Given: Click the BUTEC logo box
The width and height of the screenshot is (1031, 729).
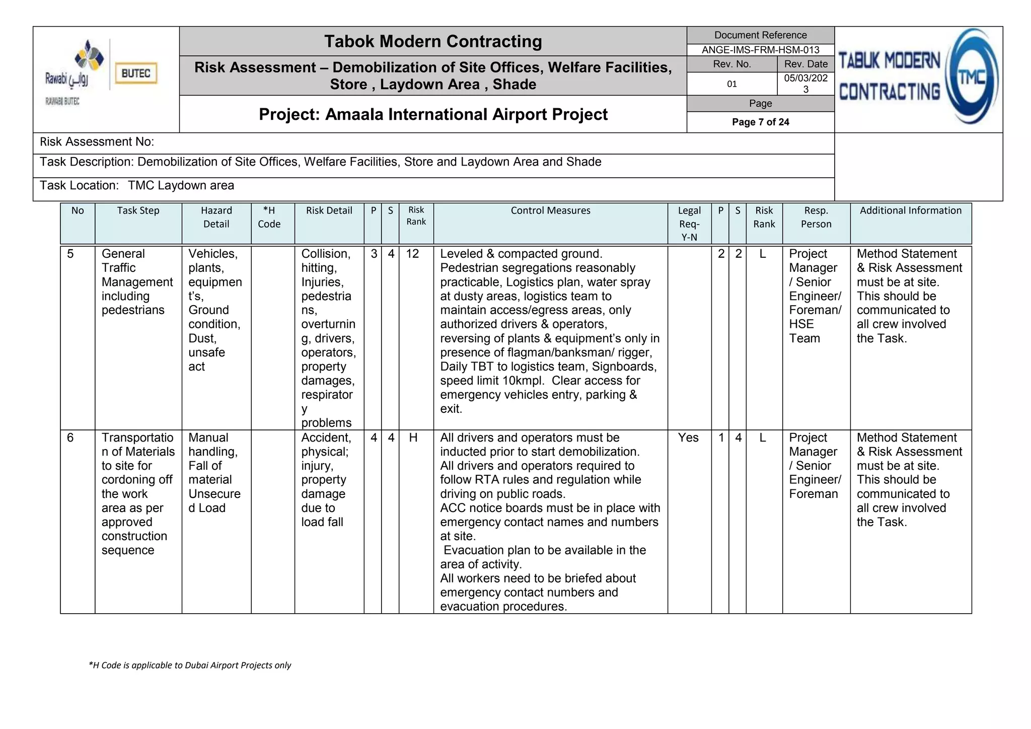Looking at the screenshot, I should click(x=135, y=74).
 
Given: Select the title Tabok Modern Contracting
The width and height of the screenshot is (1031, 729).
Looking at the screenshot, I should click(x=433, y=41).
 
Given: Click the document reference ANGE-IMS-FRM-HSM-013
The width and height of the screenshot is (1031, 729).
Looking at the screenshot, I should click(x=760, y=50).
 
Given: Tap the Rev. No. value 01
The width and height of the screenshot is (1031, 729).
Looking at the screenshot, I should click(x=731, y=84).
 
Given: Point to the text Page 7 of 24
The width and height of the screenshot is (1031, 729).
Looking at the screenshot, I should click(x=760, y=122).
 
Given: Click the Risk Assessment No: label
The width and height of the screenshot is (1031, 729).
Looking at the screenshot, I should click(x=97, y=142).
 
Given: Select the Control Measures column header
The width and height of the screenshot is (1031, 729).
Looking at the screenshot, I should click(x=550, y=211).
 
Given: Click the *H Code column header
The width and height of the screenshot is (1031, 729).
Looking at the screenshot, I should click(x=269, y=217).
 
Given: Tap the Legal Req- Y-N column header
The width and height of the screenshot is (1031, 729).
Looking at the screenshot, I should click(x=689, y=224).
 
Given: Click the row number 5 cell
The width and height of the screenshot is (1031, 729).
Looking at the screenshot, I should click(x=70, y=254).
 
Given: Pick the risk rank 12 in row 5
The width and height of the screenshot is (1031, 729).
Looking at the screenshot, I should click(x=412, y=254).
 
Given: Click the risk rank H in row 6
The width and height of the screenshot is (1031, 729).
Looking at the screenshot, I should click(x=413, y=438).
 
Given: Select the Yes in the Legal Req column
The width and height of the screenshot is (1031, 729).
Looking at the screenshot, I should click(x=688, y=438).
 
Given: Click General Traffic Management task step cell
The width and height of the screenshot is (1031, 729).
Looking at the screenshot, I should click(x=136, y=281).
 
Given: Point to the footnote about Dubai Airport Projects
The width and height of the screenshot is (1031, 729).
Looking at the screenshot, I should click(x=190, y=665).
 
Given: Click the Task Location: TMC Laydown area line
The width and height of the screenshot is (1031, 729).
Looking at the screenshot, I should click(x=137, y=186).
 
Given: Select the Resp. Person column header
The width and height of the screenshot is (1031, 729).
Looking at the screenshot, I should click(x=816, y=217).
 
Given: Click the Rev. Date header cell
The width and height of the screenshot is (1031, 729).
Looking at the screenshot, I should click(x=805, y=64).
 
